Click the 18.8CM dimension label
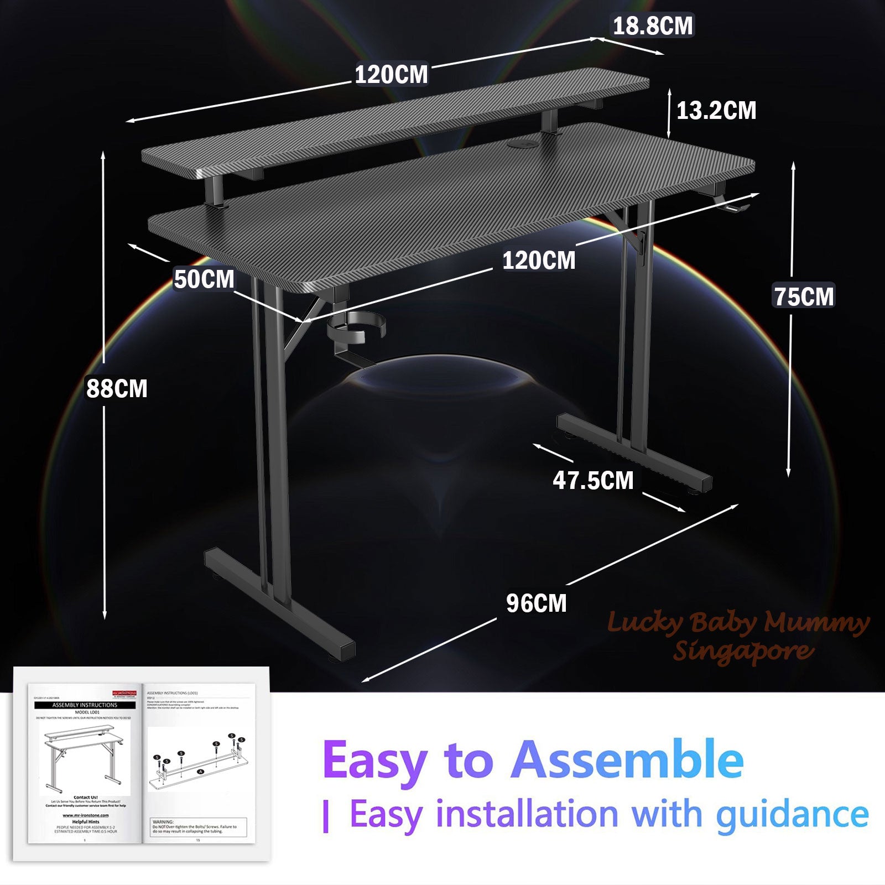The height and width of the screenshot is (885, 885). click(653, 26)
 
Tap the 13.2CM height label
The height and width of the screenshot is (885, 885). click(716, 111)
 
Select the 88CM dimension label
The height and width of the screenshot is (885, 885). click(117, 388)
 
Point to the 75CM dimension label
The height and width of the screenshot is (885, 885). click(804, 297)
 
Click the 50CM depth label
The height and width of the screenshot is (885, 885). click(204, 279)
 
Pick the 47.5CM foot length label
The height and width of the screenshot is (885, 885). click(593, 480)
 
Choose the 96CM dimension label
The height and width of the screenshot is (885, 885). click(536, 603)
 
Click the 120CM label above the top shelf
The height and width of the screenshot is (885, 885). click(391, 75)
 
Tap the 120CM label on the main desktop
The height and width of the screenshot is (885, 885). click(539, 261)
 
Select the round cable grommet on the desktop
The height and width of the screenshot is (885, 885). click(520, 145)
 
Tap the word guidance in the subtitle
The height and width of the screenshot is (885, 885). click(792, 815)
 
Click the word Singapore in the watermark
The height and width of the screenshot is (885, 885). click(743, 651)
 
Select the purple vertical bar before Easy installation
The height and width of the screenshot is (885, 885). click(326, 817)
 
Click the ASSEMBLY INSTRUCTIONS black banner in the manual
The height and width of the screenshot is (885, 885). click(85, 705)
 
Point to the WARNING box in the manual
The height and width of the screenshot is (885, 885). click(199, 826)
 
